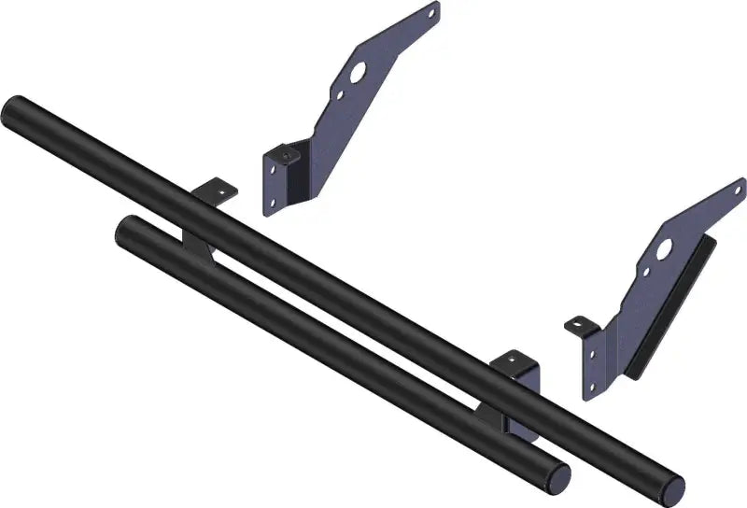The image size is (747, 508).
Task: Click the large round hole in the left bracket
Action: click(x=358, y=71)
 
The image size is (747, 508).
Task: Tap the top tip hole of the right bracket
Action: click(x=739, y=186)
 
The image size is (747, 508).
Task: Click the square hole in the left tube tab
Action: click(x=221, y=190)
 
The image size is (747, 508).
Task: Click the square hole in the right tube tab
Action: click(x=519, y=358)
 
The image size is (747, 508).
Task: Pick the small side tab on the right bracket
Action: click(x=580, y=326)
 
